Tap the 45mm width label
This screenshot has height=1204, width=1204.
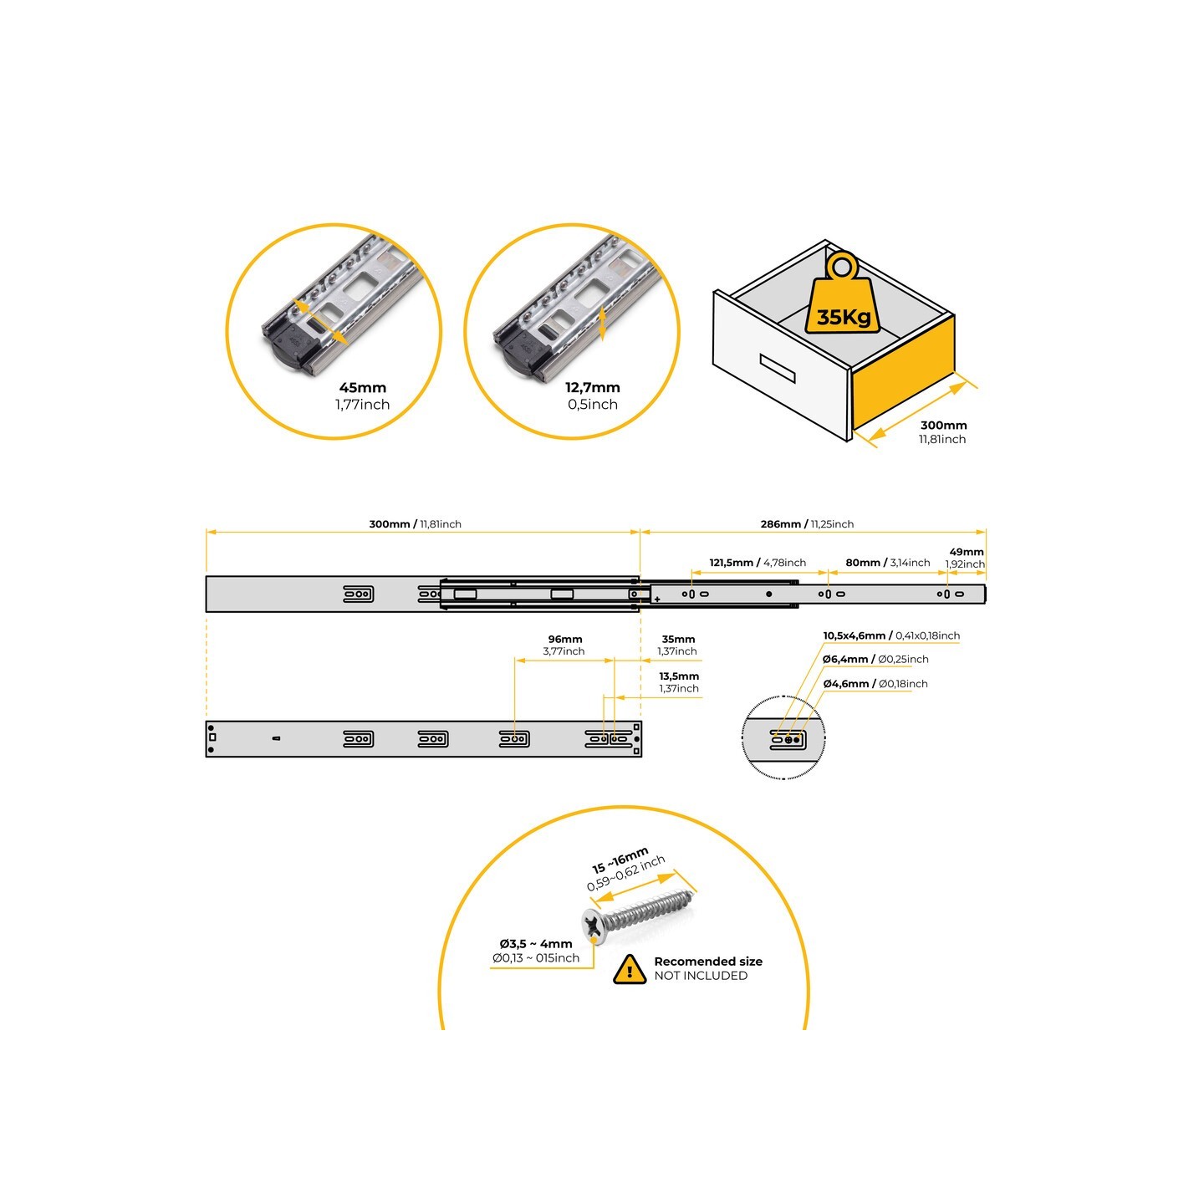[363, 388]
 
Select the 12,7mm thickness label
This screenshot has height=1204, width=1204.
[592, 388]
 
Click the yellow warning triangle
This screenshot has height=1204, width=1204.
[629, 969]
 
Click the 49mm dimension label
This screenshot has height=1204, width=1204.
[967, 552]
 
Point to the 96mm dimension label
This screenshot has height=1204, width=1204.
[565, 640]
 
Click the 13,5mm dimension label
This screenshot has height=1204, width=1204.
[679, 676]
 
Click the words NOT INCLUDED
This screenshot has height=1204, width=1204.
[701, 976]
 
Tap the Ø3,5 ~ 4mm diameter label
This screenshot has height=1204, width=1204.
[536, 944]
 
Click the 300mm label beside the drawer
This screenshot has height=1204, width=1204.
[943, 426]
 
